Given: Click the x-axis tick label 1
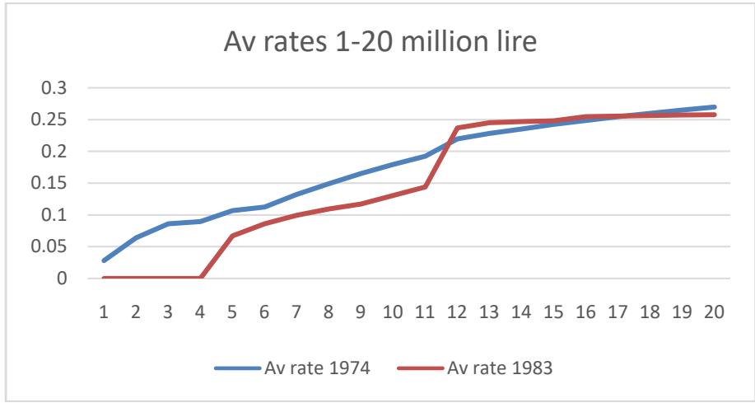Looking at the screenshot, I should pos(104,313).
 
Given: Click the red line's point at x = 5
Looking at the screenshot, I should pos(232,236).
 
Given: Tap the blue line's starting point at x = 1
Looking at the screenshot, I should pos(104,260).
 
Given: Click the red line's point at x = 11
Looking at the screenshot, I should pos(426,187).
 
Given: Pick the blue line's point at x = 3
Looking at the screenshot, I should pos(168,223).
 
